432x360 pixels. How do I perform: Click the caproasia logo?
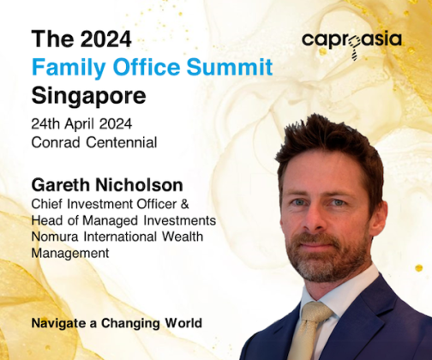(351, 43)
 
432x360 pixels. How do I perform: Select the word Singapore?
(88, 97)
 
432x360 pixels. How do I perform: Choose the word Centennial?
(122, 142)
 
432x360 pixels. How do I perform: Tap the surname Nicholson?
(139, 185)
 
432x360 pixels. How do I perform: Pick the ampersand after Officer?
(185, 204)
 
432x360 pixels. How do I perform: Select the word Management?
(70, 254)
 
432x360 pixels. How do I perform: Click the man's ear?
(379, 218)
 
